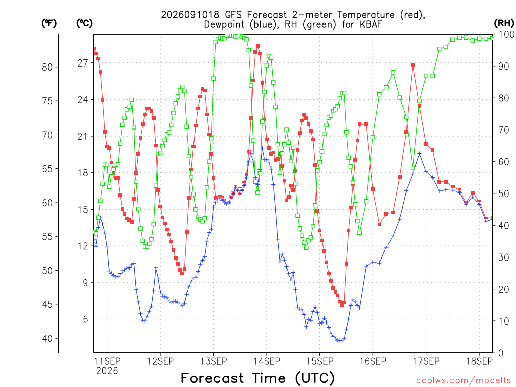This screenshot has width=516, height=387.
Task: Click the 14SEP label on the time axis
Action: pyautogui.click(x=267, y=361)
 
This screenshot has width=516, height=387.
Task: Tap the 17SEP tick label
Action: pyautogui.click(x=426, y=361)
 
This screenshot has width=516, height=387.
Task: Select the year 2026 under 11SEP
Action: pyautogui.click(x=107, y=371)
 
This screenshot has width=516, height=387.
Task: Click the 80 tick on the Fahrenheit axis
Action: pyautogui.click(x=47, y=67)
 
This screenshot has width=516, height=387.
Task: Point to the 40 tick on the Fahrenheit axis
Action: pyautogui.click(x=47, y=338)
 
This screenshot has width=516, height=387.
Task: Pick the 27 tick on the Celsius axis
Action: pyautogui.click(x=83, y=63)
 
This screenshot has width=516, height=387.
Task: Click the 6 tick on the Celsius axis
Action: pyautogui.click(x=86, y=319)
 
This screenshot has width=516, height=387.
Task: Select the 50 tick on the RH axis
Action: pyautogui.click(x=504, y=193)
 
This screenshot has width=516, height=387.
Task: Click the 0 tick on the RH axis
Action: pyautogui.click(x=501, y=353)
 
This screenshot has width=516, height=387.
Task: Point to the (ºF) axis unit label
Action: pyautogui.click(x=49, y=23)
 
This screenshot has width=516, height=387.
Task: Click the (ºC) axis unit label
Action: pyautogui.click(x=84, y=23)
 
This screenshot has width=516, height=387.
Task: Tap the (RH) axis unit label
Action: pyautogui.click(x=504, y=23)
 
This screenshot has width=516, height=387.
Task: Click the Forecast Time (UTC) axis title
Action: pyautogui.click(x=257, y=378)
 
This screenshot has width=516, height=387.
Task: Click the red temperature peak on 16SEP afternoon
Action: pyautogui.click(x=413, y=65)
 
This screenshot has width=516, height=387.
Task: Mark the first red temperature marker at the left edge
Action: pyautogui.click(x=94, y=49)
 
